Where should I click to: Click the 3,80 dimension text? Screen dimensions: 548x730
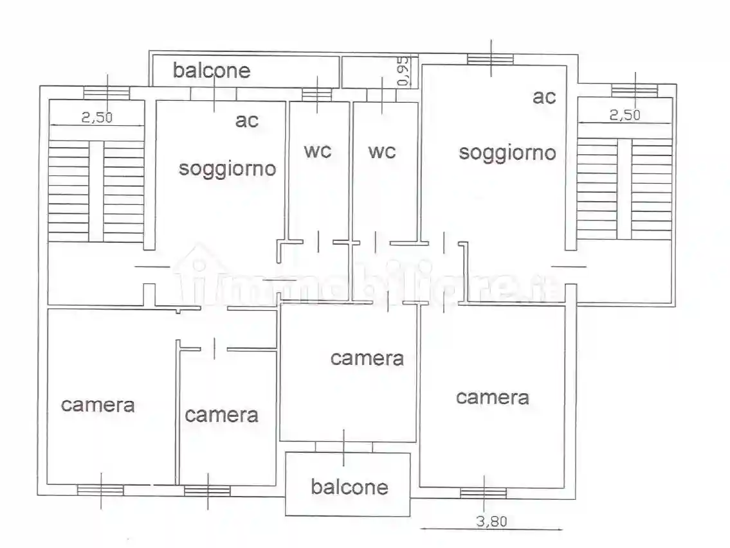pos(491,521)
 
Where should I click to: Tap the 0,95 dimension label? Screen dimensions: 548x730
pos(403,71)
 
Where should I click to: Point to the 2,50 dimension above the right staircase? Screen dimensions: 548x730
pos(625,115)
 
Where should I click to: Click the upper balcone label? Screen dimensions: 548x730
pos(211,70)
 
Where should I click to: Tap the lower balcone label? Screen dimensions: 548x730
pos(349,486)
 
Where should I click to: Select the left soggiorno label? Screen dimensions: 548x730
pos(227,168)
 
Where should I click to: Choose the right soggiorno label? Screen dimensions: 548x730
pos(507,152)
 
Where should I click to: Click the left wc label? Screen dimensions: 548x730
pos(318,151)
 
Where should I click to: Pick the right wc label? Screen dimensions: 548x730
pos(382,152)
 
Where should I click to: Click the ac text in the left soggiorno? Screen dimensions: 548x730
pos(246,120)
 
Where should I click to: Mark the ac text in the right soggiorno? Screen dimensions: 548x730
pos(543,97)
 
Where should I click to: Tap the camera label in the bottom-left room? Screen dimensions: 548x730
pos(98,405)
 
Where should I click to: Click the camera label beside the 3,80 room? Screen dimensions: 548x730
pos(493,397)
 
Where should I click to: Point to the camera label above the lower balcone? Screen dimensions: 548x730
pos(367,358)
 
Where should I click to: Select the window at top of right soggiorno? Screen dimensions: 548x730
pos(490,60)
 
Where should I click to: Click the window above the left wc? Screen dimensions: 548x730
pos(316,94)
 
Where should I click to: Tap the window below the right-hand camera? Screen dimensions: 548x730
pos(483,493)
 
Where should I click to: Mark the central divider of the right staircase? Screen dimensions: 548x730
pos(624,189)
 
